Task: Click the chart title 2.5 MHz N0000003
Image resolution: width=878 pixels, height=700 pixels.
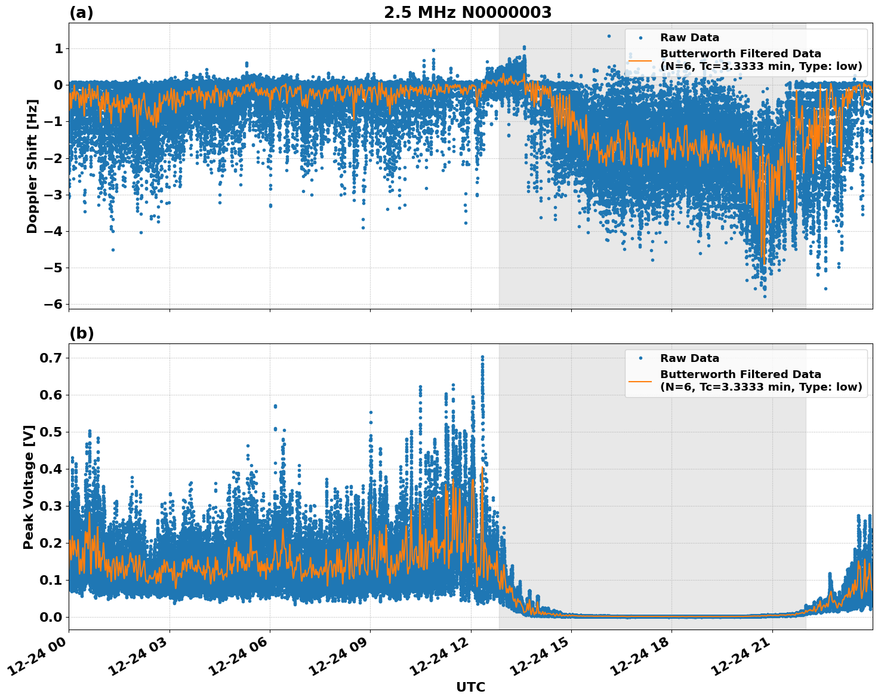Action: click(x=467, y=13)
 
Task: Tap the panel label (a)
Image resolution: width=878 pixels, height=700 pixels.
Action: click(x=81, y=13)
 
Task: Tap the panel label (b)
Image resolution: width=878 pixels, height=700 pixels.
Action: click(x=81, y=333)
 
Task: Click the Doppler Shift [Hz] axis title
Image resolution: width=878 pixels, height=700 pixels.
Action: click(x=32, y=166)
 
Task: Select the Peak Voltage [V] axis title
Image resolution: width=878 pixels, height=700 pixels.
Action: click(x=29, y=487)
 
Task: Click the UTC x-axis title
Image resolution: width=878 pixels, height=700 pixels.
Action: click(x=470, y=687)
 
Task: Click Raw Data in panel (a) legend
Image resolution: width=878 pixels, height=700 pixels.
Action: click(x=689, y=38)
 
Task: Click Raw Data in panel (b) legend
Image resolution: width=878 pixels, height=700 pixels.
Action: click(x=689, y=358)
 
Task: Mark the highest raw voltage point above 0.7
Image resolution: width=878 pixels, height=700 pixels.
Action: click(x=482, y=357)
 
